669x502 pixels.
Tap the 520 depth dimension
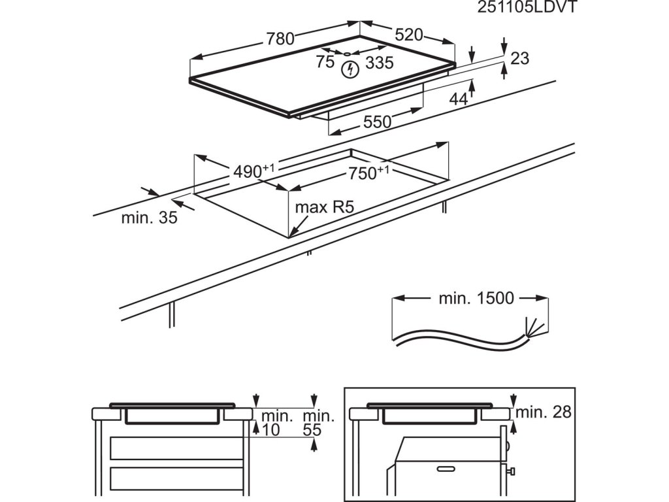(410, 35)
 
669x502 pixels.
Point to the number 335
(379, 63)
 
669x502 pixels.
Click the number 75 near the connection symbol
(325, 63)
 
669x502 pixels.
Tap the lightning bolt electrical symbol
(351, 68)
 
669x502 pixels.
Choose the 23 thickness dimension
(519, 59)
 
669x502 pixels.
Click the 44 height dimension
(459, 99)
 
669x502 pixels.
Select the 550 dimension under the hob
(377, 122)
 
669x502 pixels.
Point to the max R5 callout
(324, 208)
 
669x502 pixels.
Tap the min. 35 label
(149, 218)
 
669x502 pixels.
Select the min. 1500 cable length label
(476, 299)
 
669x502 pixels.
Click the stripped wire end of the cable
(532, 326)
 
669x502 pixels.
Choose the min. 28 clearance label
(544, 412)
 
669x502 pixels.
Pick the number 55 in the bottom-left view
(313, 429)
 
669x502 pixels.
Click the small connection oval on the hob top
(348, 54)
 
